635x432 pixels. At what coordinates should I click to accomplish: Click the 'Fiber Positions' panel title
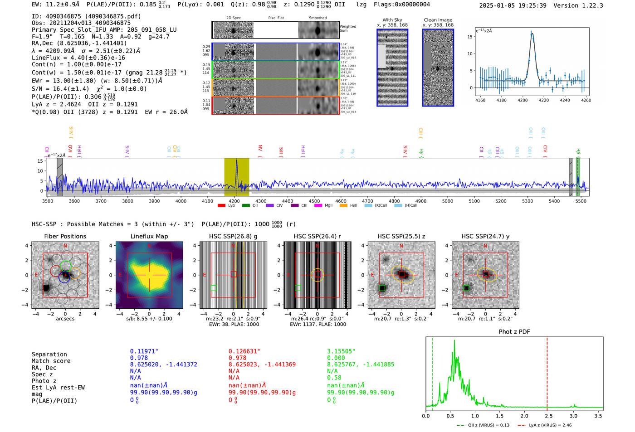(x=65, y=236)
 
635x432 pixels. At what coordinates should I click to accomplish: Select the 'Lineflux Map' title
(x=149, y=236)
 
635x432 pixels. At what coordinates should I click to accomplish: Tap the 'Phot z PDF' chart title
(x=514, y=332)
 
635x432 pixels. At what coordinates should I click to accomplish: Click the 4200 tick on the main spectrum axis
(x=234, y=201)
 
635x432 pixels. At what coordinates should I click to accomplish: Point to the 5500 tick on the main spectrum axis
(x=581, y=201)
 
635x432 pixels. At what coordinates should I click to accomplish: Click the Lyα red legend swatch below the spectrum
(x=221, y=206)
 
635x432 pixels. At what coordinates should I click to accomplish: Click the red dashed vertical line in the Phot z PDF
(x=547, y=372)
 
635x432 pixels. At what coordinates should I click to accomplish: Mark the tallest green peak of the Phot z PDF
(x=454, y=341)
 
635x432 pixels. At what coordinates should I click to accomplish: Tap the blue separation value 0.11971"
(x=144, y=351)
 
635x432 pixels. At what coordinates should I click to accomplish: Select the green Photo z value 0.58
(x=334, y=378)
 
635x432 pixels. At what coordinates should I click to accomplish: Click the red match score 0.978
(x=238, y=358)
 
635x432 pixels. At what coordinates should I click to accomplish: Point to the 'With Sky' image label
(x=392, y=20)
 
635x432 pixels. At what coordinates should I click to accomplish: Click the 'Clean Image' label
(x=438, y=20)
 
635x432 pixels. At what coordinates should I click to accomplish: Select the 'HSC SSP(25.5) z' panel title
(x=401, y=236)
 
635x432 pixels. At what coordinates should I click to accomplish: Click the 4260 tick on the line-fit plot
(x=586, y=100)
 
